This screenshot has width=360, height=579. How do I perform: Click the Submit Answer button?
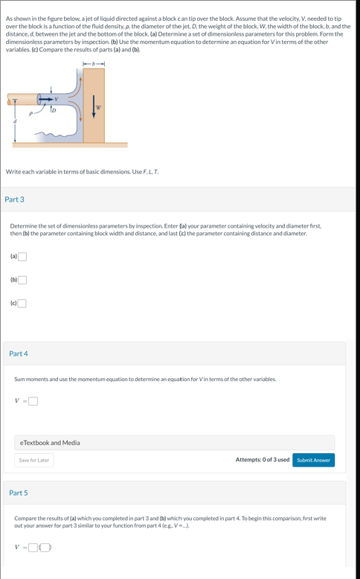[x=313, y=460]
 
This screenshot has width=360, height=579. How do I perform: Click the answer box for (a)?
[x=22, y=257]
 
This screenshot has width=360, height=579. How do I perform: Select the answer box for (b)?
[x=22, y=280]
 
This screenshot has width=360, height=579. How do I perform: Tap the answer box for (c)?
[x=22, y=303]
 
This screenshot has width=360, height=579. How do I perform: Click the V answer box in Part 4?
[x=33, y=402]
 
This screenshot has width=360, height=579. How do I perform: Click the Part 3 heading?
[x=14, y=199]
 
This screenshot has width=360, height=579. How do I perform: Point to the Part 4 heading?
[x=19, y=354]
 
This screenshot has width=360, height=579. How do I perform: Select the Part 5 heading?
[x=19, y=493]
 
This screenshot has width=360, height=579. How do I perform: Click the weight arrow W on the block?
[x=94, y=105]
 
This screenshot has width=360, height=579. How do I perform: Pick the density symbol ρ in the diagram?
[x=30, y=115]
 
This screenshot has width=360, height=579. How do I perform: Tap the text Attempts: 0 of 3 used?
[x=262, y=460]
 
